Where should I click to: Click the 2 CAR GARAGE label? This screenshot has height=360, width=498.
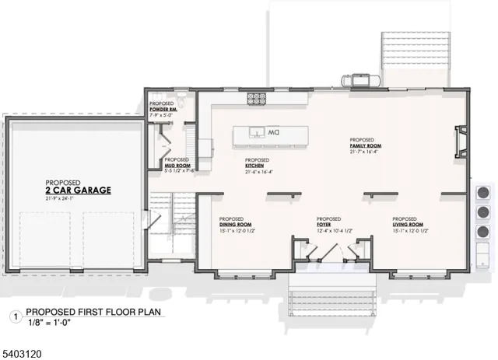point(78,190)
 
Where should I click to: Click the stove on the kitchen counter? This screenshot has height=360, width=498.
point(256,98)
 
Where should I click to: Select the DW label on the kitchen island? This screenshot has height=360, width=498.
point(274,133)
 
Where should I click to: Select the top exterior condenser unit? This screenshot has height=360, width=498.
point(483,192)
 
